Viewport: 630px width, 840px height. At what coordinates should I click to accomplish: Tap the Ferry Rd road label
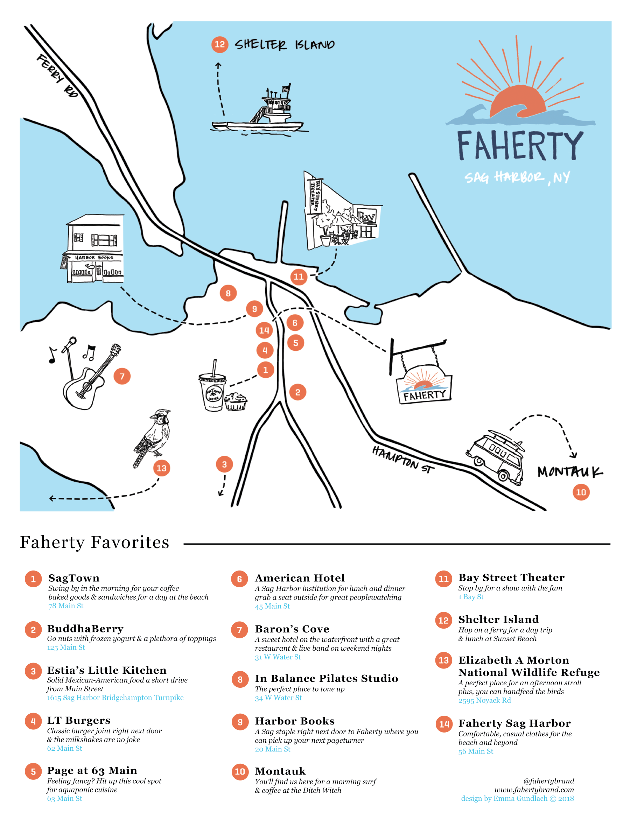pyautogui.click(x=57, y=75)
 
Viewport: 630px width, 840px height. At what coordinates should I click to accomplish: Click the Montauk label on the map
pyautogui.click(x=569, y=472)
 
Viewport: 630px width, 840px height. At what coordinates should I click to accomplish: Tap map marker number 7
pyautogui.click(x=122, y=376)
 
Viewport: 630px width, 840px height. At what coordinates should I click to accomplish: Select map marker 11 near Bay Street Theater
pyautogui.click(x=299, y=276)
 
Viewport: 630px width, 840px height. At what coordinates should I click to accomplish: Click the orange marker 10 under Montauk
pyautogui.click(x=581, y=492)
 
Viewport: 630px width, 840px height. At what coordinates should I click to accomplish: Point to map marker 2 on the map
pyautogui.click(x=298, y=392)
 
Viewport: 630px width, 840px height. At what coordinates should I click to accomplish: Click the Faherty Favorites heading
pyautogui.click(x=94, y=542)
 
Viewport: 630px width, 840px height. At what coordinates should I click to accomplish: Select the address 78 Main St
pyautogui.click(x=66, y=606)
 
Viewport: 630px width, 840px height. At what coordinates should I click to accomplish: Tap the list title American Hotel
pyautogui.click(x=300, y=578)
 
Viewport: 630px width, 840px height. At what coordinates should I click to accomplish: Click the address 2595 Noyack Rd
pyautogui.click(x=484, y=701)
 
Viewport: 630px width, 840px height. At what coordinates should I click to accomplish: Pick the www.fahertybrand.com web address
pyautogui.click(x=533, y=790)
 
